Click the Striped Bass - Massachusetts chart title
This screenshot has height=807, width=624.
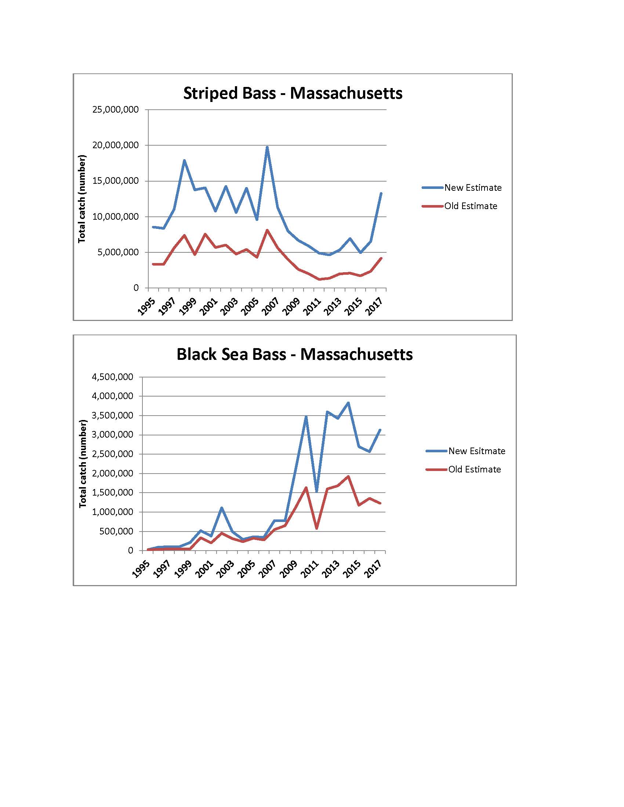pos(293,93)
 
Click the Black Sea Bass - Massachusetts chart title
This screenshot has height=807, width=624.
pos(294,354)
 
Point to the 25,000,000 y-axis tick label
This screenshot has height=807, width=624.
pos(115,110)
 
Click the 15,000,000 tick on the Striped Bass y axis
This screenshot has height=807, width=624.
pos(115,181)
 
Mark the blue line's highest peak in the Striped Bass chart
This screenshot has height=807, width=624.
pos(267,147)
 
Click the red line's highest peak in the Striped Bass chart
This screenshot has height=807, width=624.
pos(267,230)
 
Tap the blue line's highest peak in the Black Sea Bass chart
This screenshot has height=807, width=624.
pos(348,403)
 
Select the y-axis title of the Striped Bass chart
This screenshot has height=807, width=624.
pos(82,199)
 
